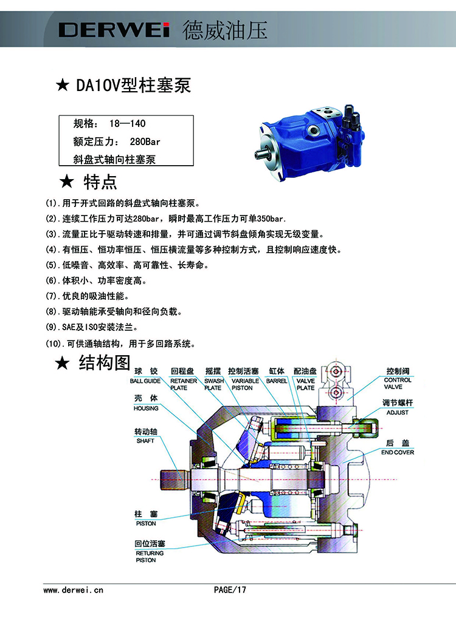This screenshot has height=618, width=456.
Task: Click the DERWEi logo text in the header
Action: point(114,30)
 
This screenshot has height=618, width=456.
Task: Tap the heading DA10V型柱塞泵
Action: point(133,86)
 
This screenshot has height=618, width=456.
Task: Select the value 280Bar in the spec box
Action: point(145,141)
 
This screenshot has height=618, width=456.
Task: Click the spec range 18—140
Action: point(127,124)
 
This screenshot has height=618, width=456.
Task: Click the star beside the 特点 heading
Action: point(67,182)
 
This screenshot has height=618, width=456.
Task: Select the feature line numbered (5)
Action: point(127,265)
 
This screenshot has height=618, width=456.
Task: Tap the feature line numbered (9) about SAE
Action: point(92,327)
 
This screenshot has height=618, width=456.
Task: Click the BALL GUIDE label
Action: point(145,381)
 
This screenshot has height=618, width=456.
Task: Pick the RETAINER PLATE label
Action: point(183,384)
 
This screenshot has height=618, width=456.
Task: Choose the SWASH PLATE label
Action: point(213,384)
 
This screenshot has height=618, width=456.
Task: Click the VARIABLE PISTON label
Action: point(245,384)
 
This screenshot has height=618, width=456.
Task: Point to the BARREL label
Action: point(277,381)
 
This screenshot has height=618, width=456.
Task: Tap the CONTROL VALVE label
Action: point(398,384)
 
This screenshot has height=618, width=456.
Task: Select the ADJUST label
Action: point(397,412)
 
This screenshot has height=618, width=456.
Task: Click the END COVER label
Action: point(398,452)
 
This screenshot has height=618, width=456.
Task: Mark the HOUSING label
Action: point(146,409)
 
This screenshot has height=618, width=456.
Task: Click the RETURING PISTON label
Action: point(149,557)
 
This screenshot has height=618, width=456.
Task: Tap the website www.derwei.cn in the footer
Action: point(73,590)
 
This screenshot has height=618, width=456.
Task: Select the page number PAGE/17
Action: point(230,590)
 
